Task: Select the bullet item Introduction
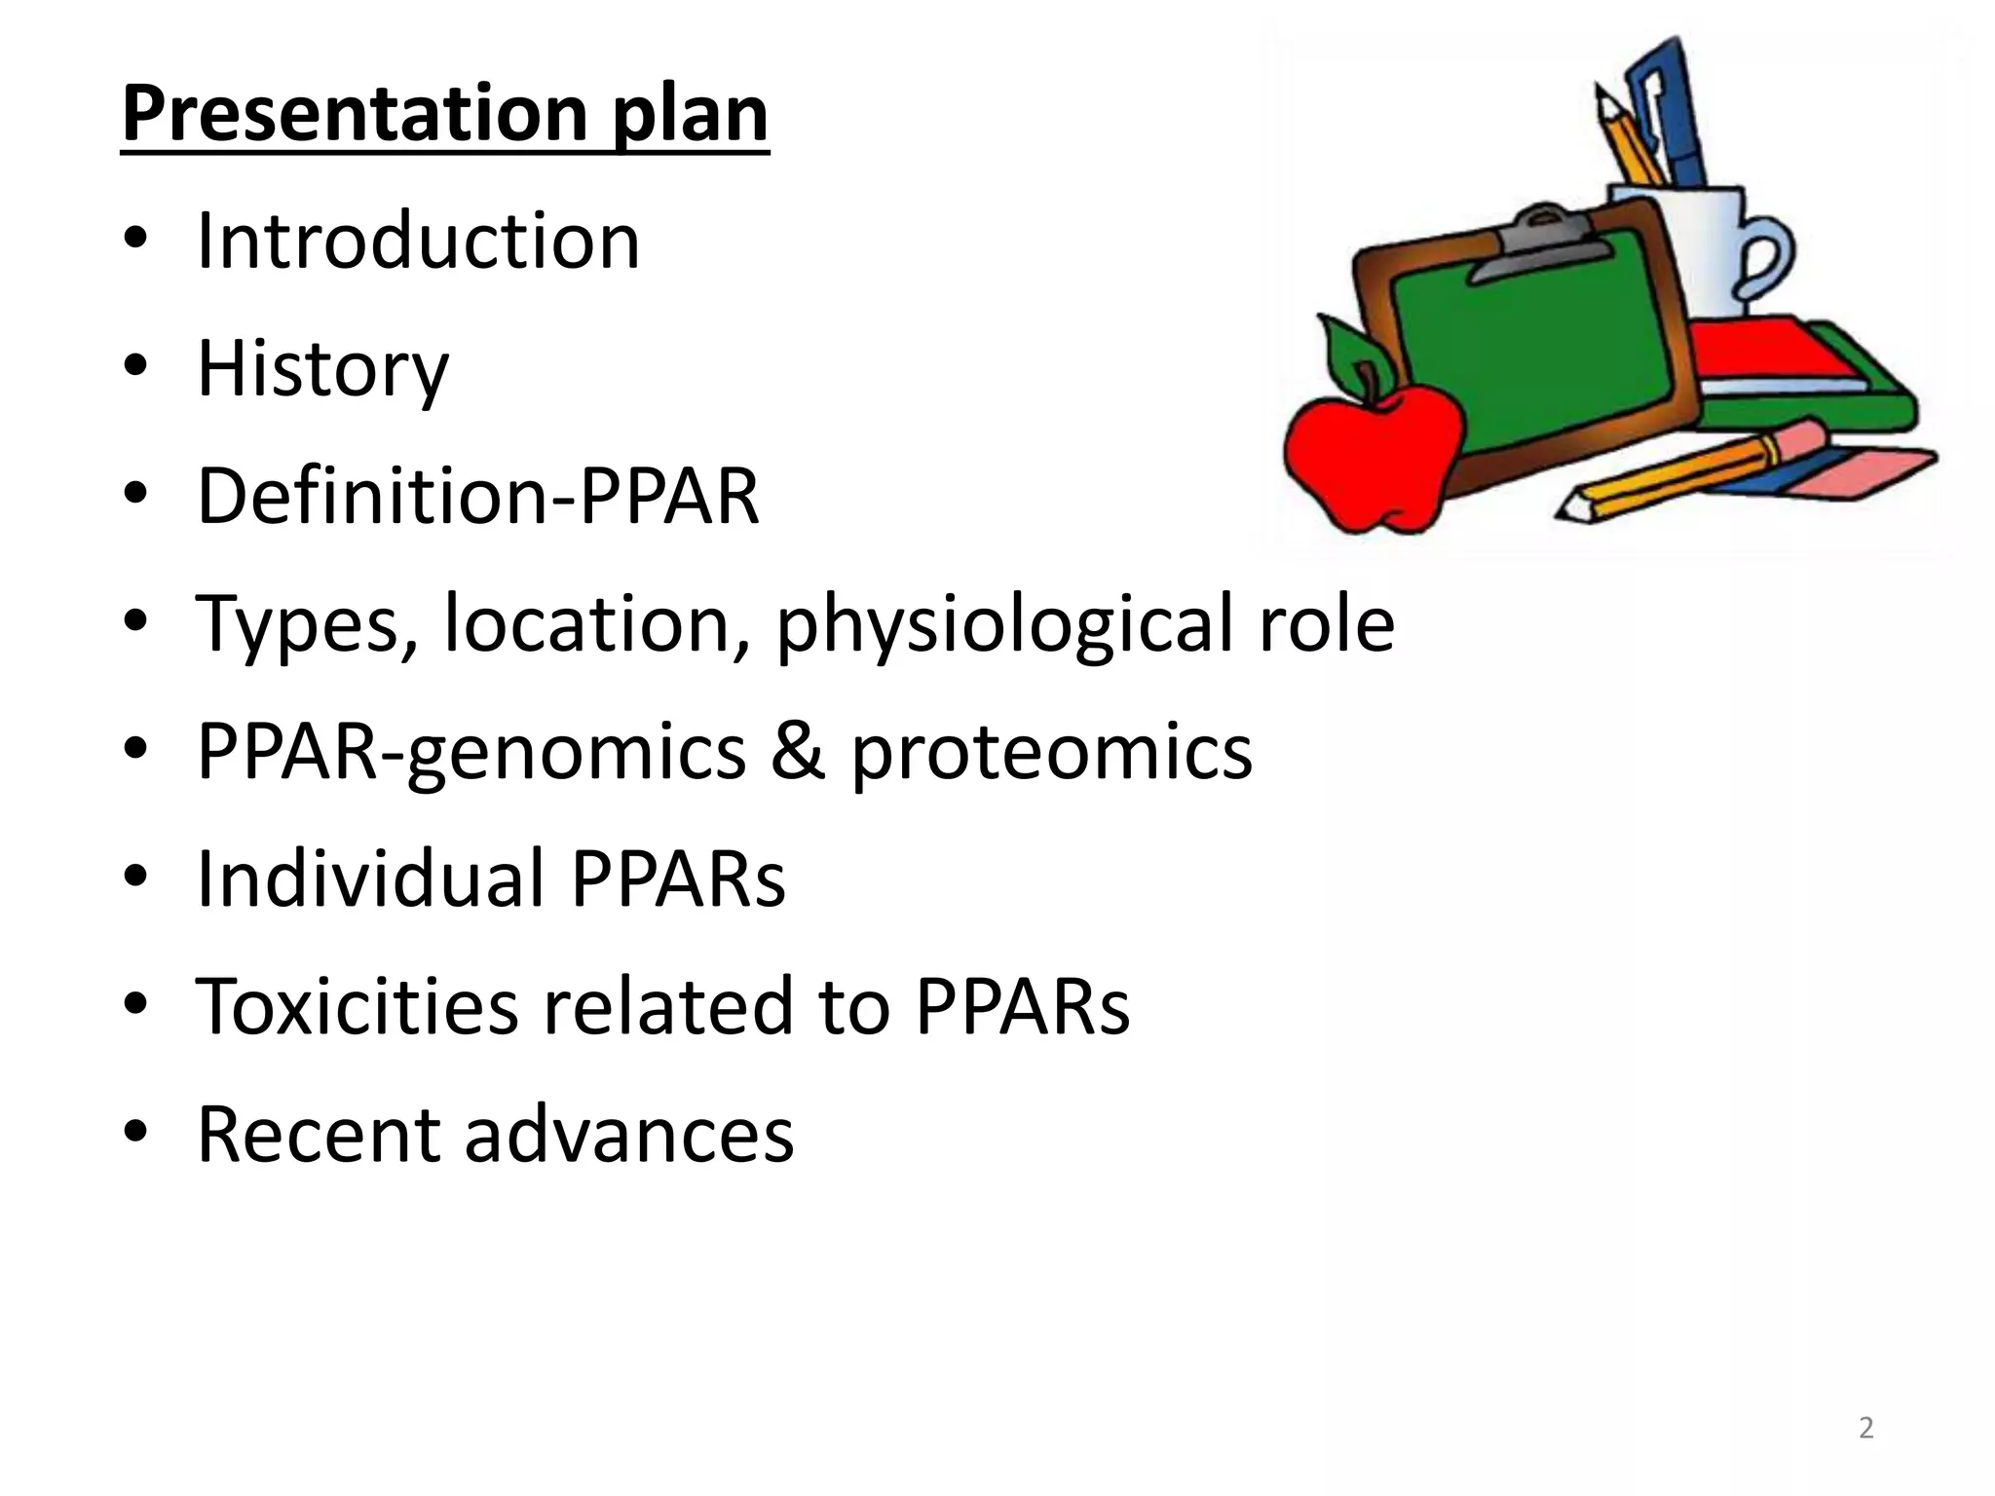tap(418, 241)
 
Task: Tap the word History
tap(322, 369)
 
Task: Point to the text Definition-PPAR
tap(477, 496)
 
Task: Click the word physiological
tap(1004, 624)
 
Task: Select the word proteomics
tap(1052, 753)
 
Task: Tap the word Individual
tap(371, 879)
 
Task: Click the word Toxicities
tap(358, 1006)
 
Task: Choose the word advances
tap(629, 1135)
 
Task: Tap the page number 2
tap(1865, 1428)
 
